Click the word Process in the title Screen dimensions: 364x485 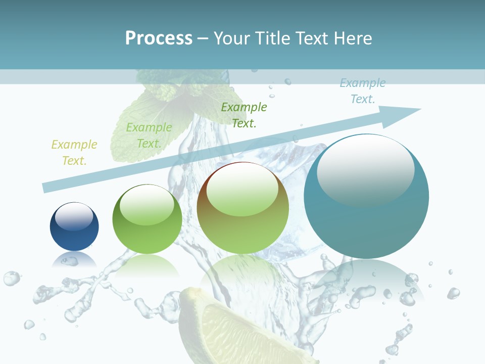click(159, 38)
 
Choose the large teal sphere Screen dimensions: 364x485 click(366, 222)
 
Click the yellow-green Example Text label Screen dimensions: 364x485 click(74, 152)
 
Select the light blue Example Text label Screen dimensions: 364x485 click(363, 91)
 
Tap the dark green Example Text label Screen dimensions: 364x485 click(244, 115)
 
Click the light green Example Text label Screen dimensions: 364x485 click(149, 135)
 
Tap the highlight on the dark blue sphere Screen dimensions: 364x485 click(74, 216)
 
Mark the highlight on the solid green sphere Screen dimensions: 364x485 click(147, 205)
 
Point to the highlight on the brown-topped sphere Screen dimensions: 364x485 click(242, 190)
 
